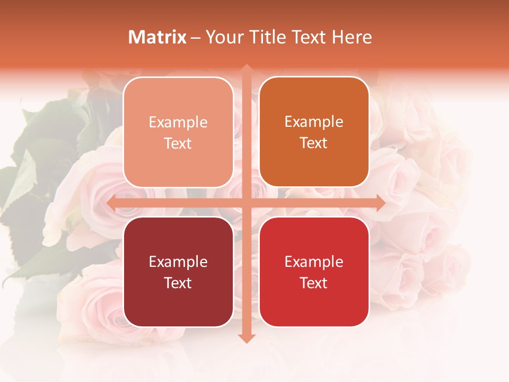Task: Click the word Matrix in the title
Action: (x=157, y=37)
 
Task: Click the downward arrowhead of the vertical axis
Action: (x=246, y=338)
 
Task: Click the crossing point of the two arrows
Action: (x=246, y=203)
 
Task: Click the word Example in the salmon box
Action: (x=178, y=123)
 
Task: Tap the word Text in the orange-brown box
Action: (x=314, y=143)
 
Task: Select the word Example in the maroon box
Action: (x=178, y=262)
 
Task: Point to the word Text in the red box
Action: (x=314, y=283)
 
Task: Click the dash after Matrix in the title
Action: (x=196, y=38)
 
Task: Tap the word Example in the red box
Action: (x=314, y=262)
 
